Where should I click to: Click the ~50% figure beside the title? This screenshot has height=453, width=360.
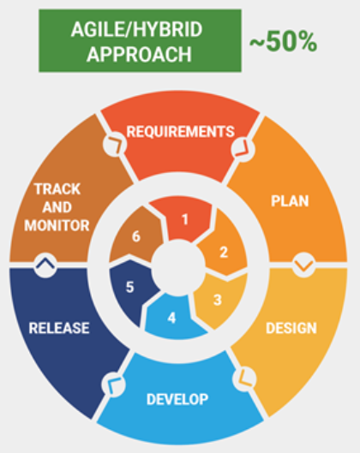point(283,42)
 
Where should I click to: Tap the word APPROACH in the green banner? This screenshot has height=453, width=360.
point(139,54)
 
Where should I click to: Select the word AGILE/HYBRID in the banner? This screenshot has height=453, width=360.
point(136,29)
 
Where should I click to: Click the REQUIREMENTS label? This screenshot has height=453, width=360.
point(180,132)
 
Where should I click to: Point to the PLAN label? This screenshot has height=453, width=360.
point(290,200)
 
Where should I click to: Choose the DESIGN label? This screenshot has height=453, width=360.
point(291,328)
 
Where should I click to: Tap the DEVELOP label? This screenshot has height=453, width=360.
point(177,399)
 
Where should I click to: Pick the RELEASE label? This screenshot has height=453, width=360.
point(59,328)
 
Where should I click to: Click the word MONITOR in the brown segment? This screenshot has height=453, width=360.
point(57,225)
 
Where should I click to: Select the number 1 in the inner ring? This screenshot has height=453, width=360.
point(185,219)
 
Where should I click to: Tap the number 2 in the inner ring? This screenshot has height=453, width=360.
point(224,253)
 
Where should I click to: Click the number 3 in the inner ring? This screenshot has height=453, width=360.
point(218,300)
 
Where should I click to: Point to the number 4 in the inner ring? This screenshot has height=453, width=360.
point(171,318)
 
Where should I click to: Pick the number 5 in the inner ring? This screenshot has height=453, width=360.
point(129,287)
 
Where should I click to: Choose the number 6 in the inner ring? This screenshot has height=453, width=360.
point(136,236)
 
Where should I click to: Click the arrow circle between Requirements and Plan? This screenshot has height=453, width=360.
point(243,149)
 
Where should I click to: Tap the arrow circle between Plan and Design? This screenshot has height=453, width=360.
point(304,265)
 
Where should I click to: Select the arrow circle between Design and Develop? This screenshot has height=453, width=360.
point(244,378)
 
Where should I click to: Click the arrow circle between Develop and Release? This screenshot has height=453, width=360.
point(114,384)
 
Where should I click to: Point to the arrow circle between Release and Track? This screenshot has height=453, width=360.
point(45,265)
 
